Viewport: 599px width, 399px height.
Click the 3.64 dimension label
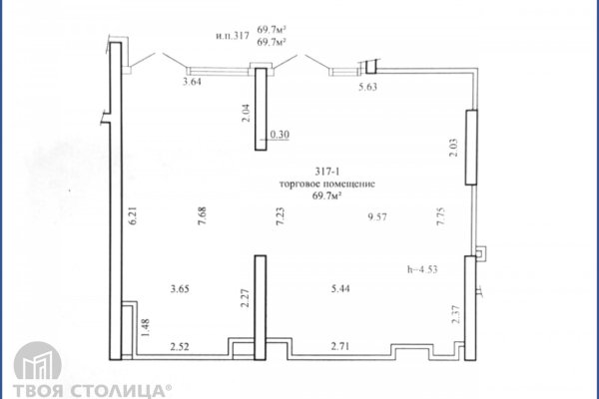pos(192,82)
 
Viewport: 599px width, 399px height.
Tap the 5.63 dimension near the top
pos(367,87)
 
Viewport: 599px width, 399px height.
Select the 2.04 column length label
pos(247,113)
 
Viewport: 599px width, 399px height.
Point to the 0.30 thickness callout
pos(280,135)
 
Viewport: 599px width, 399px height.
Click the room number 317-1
pos(327,172)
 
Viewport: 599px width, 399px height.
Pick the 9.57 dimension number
pos(377,216)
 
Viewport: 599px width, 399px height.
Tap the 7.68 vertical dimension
pos(202,215)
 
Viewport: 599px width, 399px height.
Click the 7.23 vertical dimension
pos(280,216)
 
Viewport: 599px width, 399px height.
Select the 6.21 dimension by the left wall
pos(133,216)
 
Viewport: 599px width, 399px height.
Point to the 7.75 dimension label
pos(441,216)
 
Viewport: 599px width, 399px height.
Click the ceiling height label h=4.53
pos(422,269)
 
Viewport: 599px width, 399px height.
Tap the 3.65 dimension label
pos(180,288)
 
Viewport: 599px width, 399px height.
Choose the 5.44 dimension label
pos(340,288)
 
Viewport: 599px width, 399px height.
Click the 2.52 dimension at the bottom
pos(180,347)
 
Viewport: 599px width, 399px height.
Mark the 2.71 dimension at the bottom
pos(340,347)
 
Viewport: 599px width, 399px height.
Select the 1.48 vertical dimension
pos(145,327)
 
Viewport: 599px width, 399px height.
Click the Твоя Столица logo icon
pos(38,361)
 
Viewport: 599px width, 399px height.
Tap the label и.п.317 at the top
pos(233,36)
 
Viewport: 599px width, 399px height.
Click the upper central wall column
pos(261,109)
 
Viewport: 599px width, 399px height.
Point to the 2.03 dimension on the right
pos(454,149)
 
